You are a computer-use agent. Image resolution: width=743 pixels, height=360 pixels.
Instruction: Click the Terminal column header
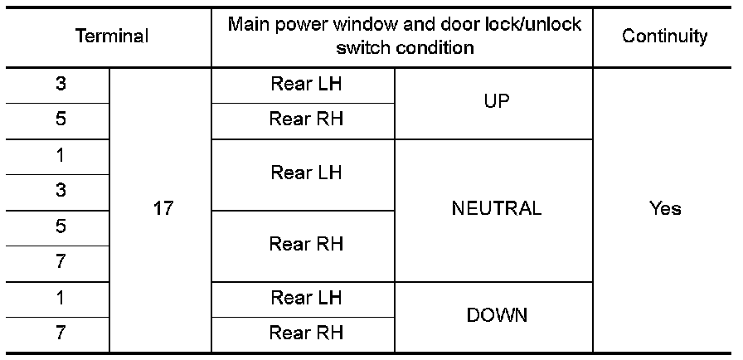[x=112, y=36]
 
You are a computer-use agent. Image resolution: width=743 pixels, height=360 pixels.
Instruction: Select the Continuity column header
[x=665, y=36]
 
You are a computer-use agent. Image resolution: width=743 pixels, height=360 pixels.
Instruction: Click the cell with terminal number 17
[x=163, y=208]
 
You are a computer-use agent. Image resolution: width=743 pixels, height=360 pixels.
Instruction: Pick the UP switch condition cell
[x=494, y=101]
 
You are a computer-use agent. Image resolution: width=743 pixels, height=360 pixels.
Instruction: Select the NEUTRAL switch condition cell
[x=496, y=208]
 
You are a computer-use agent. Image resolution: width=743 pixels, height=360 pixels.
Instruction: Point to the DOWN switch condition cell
[x=496, y=315]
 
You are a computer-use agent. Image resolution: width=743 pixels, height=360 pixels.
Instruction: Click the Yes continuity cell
[x=665, y=208]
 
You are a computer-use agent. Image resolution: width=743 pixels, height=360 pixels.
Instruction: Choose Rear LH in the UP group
[x=306, y=84]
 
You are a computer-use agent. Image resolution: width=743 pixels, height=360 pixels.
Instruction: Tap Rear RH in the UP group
[x=306, y=119]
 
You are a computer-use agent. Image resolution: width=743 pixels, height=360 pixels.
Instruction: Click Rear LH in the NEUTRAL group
[x=306, y=173]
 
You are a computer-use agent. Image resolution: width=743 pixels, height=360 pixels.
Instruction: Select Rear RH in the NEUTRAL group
[x=306, y=244]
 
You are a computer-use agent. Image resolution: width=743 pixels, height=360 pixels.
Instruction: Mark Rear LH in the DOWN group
[x=306, y=297]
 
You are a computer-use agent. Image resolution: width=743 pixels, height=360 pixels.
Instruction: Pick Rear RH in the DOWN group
[x=306, y=333]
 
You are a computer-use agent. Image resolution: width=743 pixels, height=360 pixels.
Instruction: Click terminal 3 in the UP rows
[x=61, y=84]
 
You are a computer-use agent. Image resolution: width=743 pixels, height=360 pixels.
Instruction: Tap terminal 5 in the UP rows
[x=61, y=119]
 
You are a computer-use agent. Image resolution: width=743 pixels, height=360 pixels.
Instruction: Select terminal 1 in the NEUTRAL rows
[x=61, y=155]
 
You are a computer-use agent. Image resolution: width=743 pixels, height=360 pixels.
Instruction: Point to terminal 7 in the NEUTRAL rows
[x=61, y=262]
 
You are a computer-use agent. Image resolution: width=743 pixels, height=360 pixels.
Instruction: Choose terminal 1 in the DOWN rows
[x=61, y=298]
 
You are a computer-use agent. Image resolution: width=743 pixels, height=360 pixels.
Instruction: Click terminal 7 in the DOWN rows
[x=61, y=333]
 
